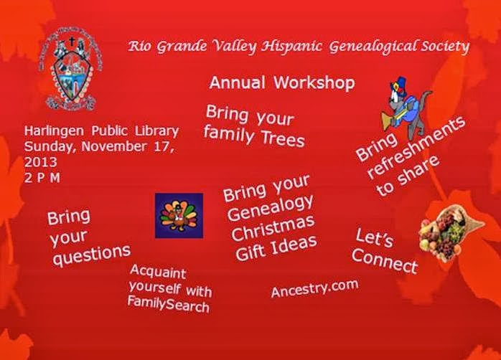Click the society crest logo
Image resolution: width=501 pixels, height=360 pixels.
pos(70,69)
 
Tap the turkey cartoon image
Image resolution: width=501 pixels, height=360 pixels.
pos(179,215)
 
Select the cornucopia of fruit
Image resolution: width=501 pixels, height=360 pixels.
pos(451,232)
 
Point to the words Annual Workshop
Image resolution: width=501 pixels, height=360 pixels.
pos(282,82)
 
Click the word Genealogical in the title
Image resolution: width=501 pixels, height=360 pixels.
pos(373,47)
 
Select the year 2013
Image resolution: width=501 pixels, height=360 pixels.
pos(41,162)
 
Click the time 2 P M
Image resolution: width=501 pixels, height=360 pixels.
pos(42,178)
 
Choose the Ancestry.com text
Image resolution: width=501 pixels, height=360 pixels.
pos(314,288)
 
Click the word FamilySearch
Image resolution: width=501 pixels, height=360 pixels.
pos(169,304)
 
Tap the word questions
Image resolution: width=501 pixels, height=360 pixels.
pos(91,255)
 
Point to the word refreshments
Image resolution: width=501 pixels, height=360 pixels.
pos(417,146)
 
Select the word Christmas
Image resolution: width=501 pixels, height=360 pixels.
pos(273,228)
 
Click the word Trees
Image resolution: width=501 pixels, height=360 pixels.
pos(283,139)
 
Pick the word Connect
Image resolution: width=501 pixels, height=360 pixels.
pos(385,260)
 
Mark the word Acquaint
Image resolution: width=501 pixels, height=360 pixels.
pos(158,272)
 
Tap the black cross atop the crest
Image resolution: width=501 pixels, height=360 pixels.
pos(72,42)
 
